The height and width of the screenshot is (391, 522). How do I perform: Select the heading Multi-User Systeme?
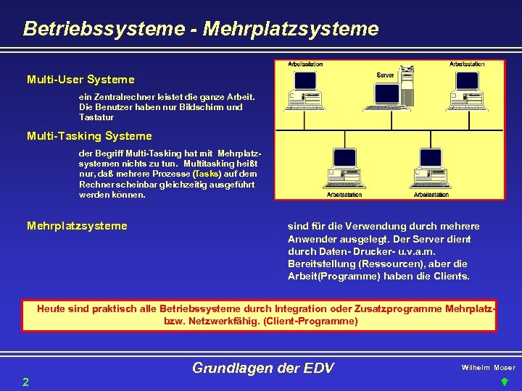pos(80,79)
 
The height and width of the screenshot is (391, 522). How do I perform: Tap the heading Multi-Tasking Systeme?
pos(89,135)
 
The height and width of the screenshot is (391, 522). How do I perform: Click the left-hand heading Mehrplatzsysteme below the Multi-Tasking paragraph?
pos(77,226)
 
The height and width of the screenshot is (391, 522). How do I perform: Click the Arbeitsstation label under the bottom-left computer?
pos(344,194)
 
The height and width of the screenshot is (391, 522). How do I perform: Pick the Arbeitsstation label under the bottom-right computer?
pos(431,194)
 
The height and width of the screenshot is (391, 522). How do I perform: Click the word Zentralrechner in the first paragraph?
pos(120,96)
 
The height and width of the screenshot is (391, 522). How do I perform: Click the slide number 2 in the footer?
pos(25,381)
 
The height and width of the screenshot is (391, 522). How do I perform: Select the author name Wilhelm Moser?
pos(488,368)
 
